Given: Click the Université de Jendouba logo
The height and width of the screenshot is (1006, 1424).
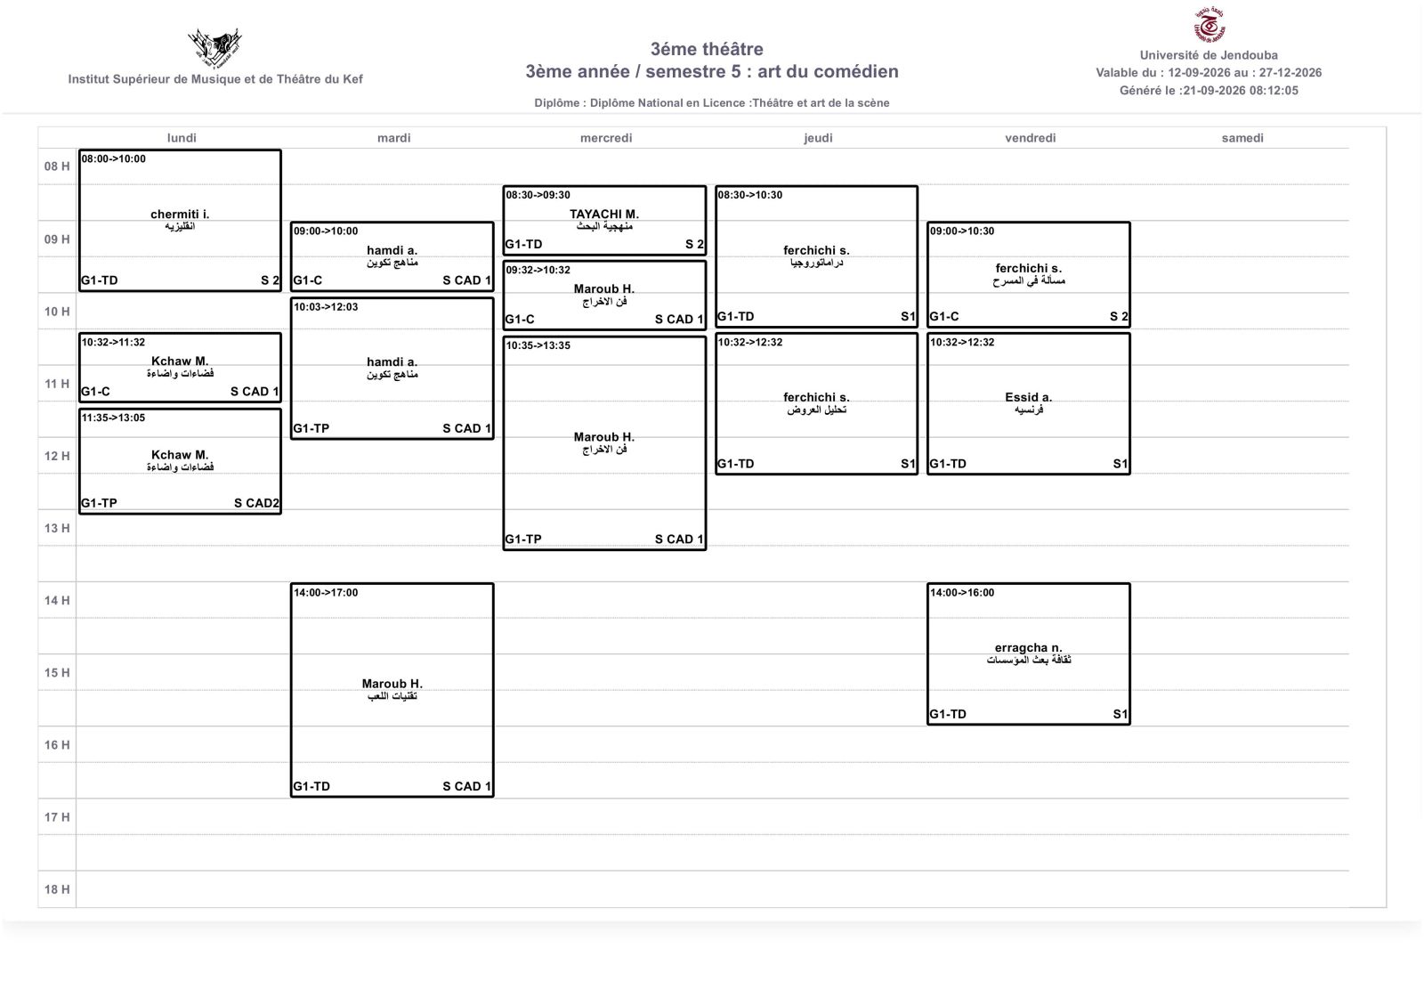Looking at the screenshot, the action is [1209, 24].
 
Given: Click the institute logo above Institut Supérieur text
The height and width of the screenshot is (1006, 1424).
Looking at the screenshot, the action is [214, 48].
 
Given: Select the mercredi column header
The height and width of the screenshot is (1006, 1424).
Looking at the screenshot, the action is [606, 138].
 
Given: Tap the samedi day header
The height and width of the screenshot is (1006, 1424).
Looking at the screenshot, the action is [1242, 138].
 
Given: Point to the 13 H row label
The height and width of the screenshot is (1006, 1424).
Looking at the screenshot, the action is [57, 529].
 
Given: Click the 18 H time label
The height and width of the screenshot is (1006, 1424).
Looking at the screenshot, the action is [57, 889].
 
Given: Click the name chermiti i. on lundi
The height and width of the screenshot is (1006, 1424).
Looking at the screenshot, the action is [180, 215].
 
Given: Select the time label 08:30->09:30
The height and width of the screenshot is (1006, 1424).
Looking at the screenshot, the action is [538, 195].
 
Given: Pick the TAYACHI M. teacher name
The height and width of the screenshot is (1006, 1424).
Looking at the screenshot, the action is [604, 215].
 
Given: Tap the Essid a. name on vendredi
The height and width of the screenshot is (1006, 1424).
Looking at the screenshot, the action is [1029, 397].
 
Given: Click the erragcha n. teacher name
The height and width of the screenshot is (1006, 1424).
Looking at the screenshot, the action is [1029, 648].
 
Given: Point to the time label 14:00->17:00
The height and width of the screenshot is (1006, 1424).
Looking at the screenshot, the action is [326, 593].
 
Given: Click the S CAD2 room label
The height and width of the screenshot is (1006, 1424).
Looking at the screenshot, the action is [256, 503].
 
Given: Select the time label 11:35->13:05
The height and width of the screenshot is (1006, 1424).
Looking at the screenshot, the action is [113, 418].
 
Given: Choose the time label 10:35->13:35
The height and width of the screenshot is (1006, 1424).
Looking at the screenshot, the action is [538, 346].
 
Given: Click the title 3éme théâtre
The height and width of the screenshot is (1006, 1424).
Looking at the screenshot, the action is [707, 49].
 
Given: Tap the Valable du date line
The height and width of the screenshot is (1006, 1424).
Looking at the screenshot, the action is [1209, 72].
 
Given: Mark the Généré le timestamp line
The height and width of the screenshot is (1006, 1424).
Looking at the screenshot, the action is [1209, 90].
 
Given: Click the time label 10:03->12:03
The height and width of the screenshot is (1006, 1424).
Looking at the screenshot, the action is [326, 307].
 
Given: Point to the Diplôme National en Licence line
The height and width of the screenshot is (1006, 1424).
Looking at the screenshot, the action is [711, 103].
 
